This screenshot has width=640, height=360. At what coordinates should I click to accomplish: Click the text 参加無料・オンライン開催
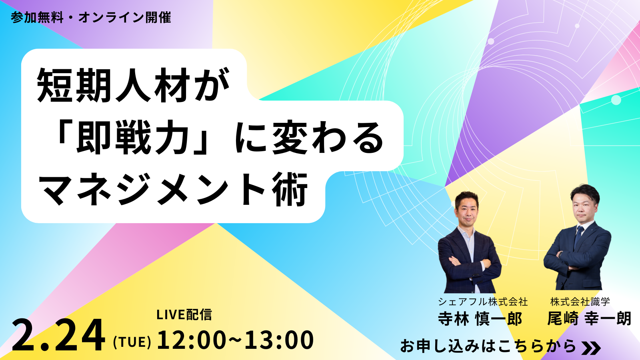coord(91,18)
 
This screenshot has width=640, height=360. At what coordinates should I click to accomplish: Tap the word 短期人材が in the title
coord(134,85)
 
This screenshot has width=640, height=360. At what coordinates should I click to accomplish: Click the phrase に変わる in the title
coord(309,138)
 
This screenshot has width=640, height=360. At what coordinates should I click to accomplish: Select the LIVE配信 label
coord(184,314)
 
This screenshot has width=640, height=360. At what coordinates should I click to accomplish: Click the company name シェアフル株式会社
coord(483,302)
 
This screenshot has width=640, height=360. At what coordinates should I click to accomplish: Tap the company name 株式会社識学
coord(580,302)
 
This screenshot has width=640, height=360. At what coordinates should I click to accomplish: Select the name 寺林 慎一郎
coord(480,319)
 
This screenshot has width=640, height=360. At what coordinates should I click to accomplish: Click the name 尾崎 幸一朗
coord(589,319)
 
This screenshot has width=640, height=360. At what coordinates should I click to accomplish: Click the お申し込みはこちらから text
coord(488,346)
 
